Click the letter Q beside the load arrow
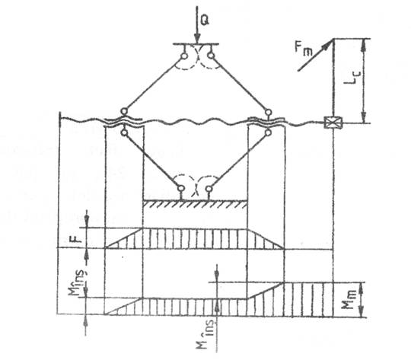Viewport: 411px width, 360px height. tap(205, 21)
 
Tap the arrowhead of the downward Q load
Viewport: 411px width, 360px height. tap(197, 40)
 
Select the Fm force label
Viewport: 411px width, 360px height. tap(303, 49)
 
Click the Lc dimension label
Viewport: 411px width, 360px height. tap(352, 78)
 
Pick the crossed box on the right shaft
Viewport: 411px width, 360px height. tap(333, 123)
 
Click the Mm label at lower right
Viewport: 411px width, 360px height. tap(351, 301)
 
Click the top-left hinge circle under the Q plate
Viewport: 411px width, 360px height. tap(184, 56)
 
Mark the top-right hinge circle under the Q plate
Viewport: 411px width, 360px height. tap(212, 56)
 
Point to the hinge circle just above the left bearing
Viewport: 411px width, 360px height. tap(124, 111)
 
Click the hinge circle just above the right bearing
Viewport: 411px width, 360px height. tap(268, 112)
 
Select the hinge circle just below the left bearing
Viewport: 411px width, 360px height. tap(125, 132)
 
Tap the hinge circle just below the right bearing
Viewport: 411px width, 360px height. tap(268, 132)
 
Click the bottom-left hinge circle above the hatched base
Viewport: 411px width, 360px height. tap(181, 188)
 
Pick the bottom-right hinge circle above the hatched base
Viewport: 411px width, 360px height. tap(209, 189)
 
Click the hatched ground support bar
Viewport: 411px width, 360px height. tap(196, 204)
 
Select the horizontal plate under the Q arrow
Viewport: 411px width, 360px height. tap(196, 44)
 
